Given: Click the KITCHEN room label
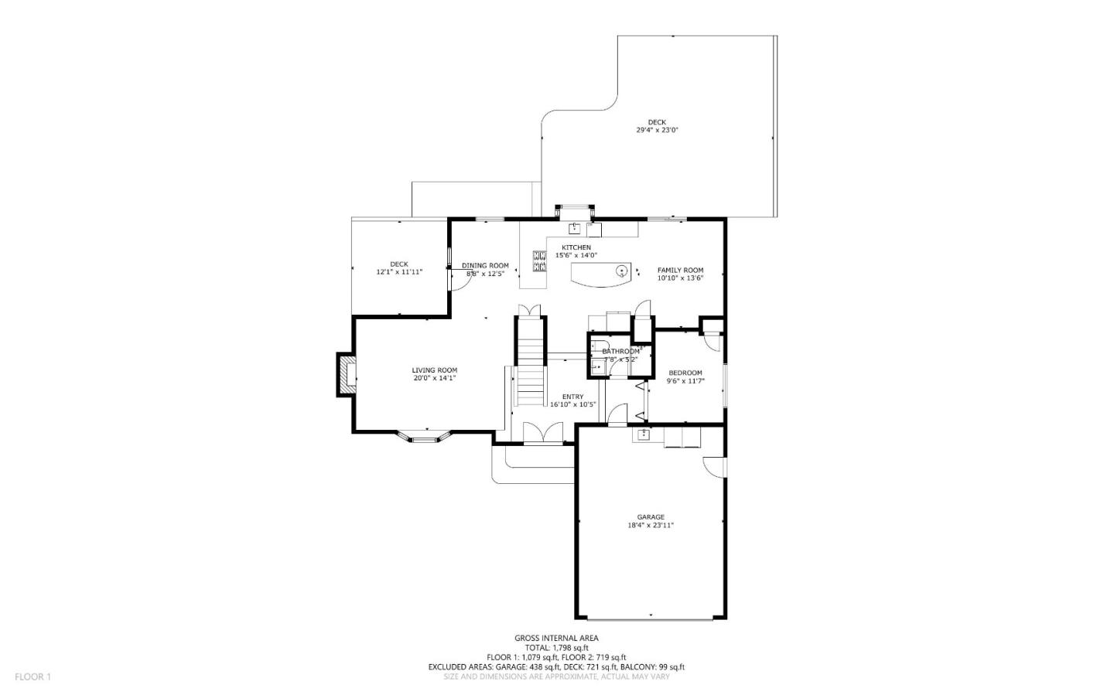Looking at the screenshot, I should point(576,247).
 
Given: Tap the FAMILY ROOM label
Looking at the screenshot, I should point(680,270).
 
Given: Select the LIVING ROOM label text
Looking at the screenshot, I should point(434,370).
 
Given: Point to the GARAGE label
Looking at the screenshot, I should point(651,517).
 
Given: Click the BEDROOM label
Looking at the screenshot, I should point(685,373).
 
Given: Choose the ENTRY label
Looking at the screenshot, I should point(572,397).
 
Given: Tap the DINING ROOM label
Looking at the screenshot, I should point(485,265).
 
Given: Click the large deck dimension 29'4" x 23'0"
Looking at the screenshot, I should point(657,131).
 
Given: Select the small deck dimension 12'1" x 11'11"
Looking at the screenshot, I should point(398,272).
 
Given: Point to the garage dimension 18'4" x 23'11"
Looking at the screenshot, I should point(651,526).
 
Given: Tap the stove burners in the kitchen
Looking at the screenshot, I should point(539,261).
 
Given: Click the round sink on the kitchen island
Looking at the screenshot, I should point(621,270).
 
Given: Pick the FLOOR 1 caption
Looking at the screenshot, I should point(32,677).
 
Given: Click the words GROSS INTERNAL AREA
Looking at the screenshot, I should point(556,638).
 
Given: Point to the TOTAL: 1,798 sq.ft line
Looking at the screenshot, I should point(556,648).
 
